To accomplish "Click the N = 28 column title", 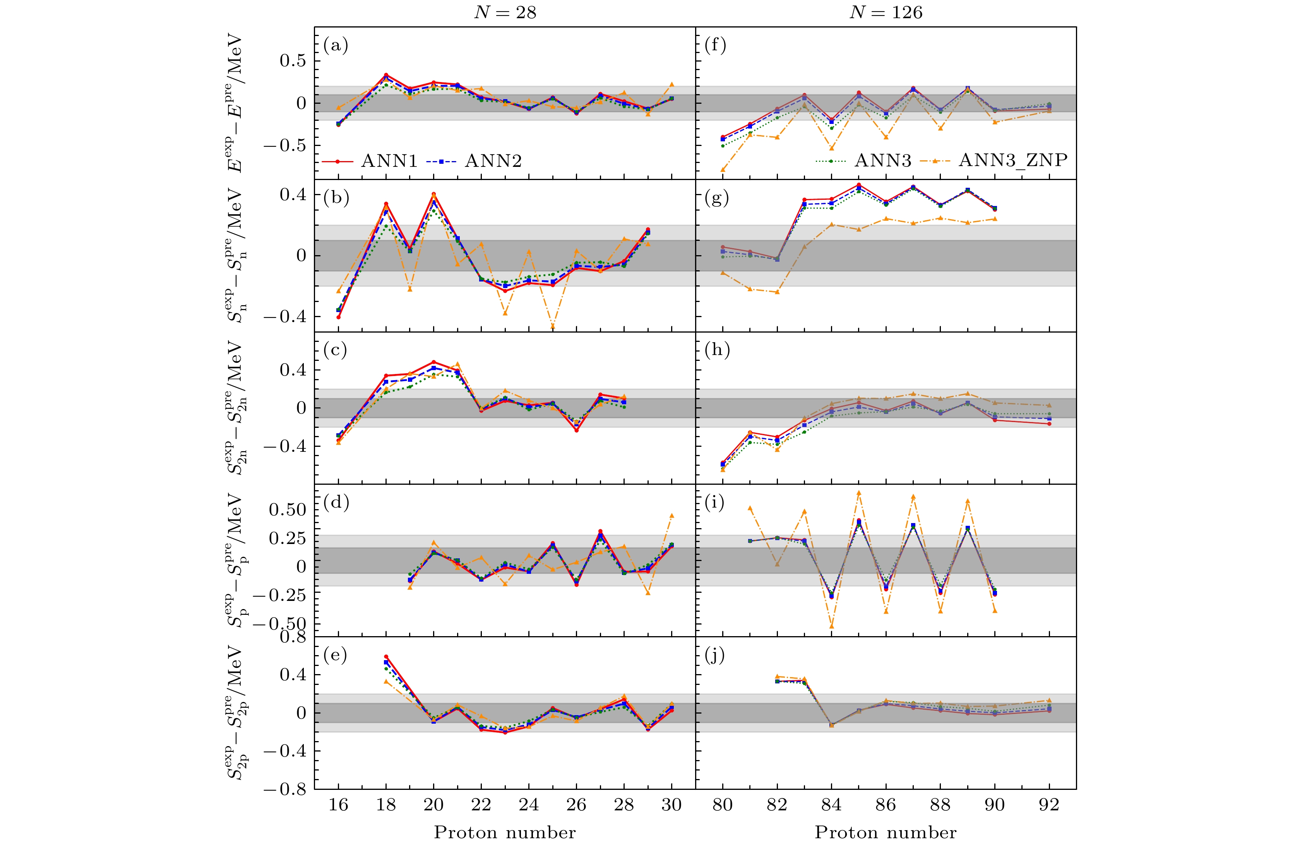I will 505,12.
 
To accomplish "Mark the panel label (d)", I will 336,502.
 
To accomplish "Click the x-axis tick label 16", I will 338,804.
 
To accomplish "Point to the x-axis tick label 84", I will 831,804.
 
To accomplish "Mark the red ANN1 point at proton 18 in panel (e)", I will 386,657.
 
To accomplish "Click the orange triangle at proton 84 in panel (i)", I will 831,626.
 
